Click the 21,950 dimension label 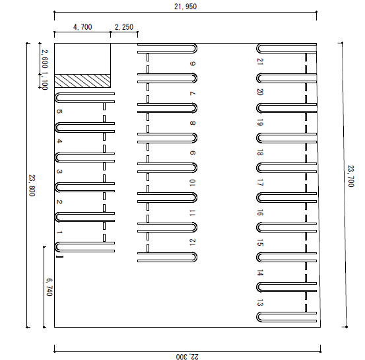point(185,7)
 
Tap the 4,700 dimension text point(83,27)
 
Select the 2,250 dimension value point(124,27)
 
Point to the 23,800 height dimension point(32,185)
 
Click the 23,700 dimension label point(350,176)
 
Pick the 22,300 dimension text point(187,357)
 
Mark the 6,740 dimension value point(50,287)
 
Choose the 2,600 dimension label point(45,59)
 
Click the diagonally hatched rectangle point(83,81)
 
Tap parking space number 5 point(59,112)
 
